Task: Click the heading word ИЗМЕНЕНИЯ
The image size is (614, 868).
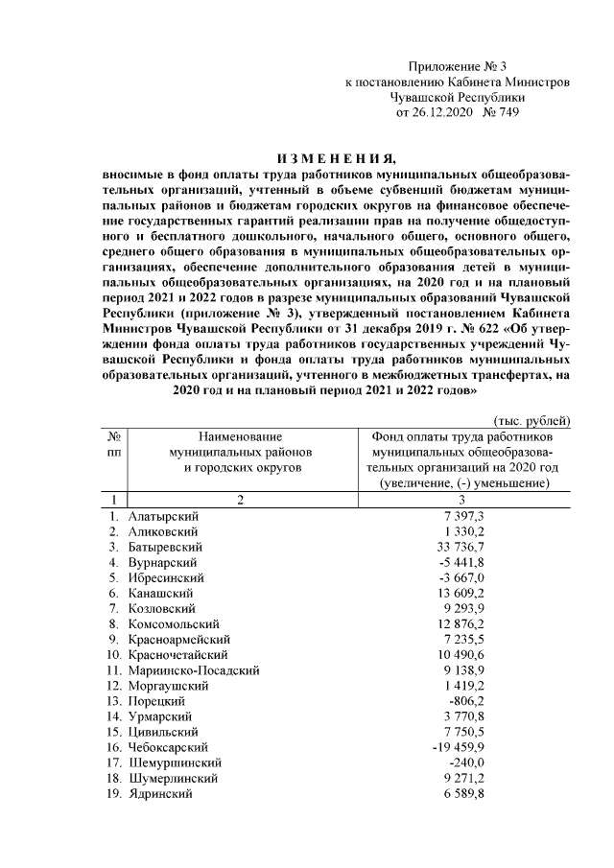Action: point(335,159)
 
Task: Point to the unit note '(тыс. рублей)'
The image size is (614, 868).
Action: point(532,421)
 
